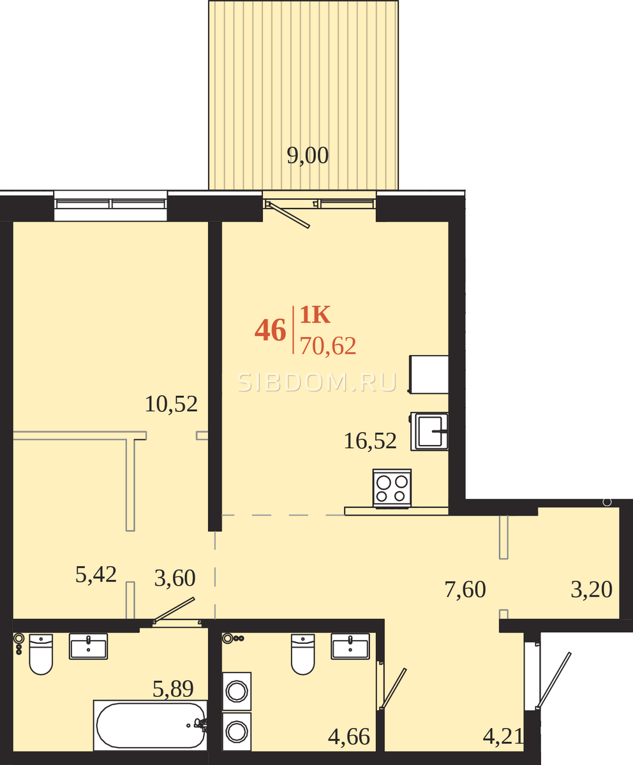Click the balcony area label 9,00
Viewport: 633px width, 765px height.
click(x=308, y=156)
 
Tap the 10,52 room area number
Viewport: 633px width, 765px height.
click(x=171, y=404)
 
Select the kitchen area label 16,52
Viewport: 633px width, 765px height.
click(x=370, y=441)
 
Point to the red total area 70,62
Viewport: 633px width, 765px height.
click(x=328, y=346)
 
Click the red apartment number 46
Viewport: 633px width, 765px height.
click(x=271, y=330)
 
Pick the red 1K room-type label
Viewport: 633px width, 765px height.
click(x=315, y=315)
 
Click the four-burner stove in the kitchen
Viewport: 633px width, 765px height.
click(x=392, y=488)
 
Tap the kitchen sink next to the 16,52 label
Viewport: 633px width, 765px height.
click(x=429, y=431)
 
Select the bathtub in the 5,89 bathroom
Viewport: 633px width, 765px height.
click(x=151, y=725)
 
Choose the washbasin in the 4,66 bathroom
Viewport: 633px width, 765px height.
click(x=350, y=646)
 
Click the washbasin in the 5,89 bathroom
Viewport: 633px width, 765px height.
click(x=89, y=646)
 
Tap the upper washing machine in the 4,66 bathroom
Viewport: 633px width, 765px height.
click(x=237, y=691)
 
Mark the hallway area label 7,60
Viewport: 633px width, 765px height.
click(x=465, y=590)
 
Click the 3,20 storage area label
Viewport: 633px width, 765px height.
click(x=592, y=590)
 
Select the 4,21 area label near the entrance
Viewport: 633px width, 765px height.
click(x=503, y=736)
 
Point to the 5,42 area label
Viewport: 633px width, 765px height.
click(x=96, y=574)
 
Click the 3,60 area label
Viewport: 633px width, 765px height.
click(x=175, y=578)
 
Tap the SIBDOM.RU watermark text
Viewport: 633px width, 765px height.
click(x=317, y=382)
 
